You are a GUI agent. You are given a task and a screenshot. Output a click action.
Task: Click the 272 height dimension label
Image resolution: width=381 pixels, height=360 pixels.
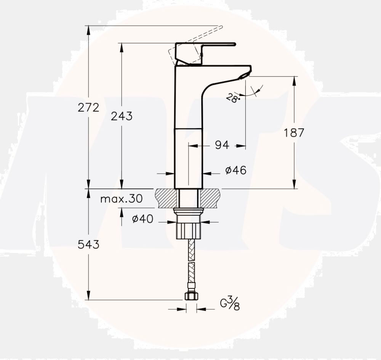tap(88, 108)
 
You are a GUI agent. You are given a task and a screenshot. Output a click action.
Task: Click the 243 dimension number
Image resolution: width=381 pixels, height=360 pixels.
tap(122, 116)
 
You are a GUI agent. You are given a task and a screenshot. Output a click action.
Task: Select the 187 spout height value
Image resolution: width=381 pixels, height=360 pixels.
tap(295, 133)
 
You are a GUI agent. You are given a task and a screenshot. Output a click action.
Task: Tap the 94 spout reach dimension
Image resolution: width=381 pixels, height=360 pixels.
tap(222, 145)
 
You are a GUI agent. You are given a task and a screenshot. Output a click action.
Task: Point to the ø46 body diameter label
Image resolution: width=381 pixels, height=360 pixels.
tap(236, 170)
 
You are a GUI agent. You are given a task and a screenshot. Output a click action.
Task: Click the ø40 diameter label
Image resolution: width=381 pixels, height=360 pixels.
tap(142, 219)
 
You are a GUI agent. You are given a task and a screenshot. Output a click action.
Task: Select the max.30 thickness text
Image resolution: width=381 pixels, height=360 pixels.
tap(121, 199)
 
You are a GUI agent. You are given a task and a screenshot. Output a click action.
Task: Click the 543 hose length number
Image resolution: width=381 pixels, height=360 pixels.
tap(88, 245)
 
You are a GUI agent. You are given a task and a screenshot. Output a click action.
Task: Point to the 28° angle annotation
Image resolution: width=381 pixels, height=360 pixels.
tap(232, 98)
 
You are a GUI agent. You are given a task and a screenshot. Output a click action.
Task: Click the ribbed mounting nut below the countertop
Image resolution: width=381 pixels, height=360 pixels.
tap(189, 230)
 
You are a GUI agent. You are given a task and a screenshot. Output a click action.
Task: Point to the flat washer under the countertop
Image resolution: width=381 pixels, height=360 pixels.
tap(189, 210)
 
